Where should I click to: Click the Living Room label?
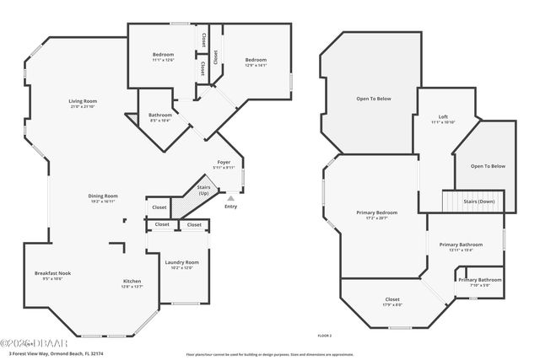tap(83, 101)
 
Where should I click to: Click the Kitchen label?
tap(132, 281)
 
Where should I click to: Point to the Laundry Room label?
tap(182, 262)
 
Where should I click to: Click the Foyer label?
tap(224, 162)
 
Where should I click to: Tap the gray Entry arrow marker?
tap(230, 198)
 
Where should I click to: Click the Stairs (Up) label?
tap(203, 190)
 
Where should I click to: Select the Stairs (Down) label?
tap(480, 202)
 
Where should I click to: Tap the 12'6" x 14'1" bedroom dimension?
tap(256, 65)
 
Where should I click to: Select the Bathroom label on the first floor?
tap(160, 115)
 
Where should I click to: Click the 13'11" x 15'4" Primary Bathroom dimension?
tap(461, 250)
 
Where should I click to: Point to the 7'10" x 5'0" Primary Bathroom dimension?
tap(479, 285)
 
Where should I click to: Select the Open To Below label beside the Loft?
tap(488, 166)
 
